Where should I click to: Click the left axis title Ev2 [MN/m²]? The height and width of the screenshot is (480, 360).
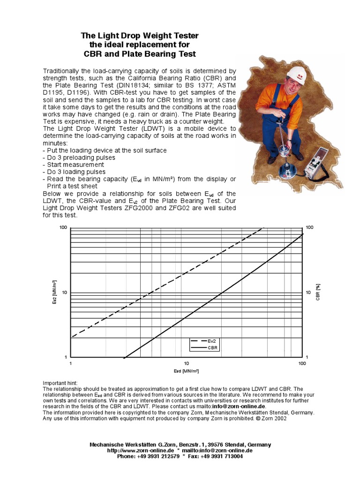pyautogui.click(x=54, y=292)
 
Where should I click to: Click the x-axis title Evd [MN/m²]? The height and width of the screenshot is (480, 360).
pyautogui.click(x=186, y=371)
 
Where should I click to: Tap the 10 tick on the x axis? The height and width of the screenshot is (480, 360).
pyautogui.click(x=186, y=363)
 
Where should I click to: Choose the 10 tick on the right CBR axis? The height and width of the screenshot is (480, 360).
pyautogui.click(x=308, y=292)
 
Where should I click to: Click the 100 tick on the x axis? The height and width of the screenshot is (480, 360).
pyautogui.click(x=302, y=363)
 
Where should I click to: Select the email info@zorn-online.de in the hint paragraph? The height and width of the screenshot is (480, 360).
pyautogui.click(x=239, y=407)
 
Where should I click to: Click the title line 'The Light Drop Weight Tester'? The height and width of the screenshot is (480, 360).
pyautogui.click(x=140, y=36)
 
